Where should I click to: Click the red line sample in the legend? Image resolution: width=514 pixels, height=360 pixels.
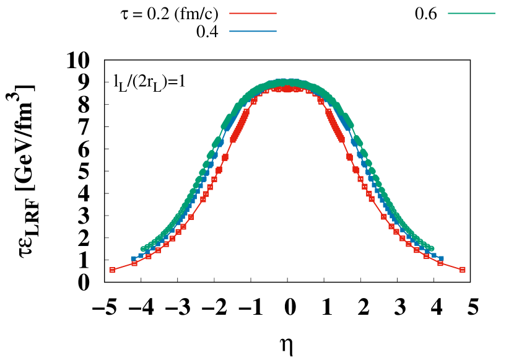pyautogui.click(x=253, y=13)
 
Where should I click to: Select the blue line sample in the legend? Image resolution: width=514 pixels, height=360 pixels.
pyautogui.click(x=253, y=31)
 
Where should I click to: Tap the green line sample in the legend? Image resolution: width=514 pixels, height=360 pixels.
pyautogui.click(x=471, y=13)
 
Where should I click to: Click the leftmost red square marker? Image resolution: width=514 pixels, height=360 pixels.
pyautogui.click(x=112, y=270)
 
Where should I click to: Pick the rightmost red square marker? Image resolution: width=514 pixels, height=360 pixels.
pyautogui.click(x=463, y=270)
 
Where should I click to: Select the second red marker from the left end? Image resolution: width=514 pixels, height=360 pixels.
pyautogui.click(x=134, y=263)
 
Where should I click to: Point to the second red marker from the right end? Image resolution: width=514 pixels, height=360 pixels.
pyautogui.click(x=440, y=263)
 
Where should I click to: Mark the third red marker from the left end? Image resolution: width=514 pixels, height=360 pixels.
pyautogui.click(x=149, y=256)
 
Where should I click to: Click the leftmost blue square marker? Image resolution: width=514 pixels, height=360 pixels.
pyautogui.click(x=134, y=259)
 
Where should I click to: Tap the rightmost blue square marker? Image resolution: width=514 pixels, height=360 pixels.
pyautogui.click(x=440, y=258)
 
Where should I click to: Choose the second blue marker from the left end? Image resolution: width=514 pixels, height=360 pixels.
pyautogui.click(x=141, y=255)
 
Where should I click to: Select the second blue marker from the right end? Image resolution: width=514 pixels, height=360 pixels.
pyautogui.click(x=433, y=255)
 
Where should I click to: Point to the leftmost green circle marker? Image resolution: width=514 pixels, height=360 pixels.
pyautogui.click(x=143, y=249)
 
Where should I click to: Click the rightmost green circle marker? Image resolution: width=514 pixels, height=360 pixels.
pyautogui.click(x=431, y=248)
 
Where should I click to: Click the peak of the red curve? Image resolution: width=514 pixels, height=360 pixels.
pyautogui.click(x=287, y=89)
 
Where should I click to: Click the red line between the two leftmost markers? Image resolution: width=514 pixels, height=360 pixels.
pyautogui.click(x=123, y=267)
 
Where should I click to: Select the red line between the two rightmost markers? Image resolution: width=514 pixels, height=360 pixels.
pyautogui.click(x=451, y=266)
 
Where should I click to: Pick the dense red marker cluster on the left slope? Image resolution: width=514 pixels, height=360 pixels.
pyautogui.click(x=240, y=124)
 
